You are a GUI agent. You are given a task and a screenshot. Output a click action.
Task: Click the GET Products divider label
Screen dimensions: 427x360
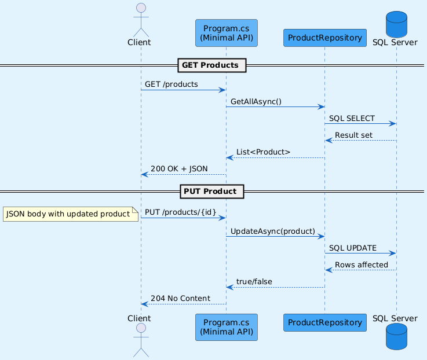click(212, 65)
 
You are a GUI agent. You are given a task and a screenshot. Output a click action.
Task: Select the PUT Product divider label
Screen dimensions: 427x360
click(212, 192)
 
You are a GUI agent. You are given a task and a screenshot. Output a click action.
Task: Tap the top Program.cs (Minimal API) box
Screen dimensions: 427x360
click(227, 33)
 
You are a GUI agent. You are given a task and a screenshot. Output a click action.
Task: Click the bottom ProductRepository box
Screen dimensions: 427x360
click(325, 322)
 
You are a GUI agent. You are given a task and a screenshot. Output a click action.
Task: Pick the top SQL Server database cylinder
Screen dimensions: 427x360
click(396, 24)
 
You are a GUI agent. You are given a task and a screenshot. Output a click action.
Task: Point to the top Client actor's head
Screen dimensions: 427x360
click(141, 8)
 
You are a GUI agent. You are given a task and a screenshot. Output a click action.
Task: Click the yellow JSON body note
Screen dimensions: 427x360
click(71, 214)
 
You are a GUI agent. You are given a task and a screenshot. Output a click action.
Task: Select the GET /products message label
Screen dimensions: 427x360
click(171, 85)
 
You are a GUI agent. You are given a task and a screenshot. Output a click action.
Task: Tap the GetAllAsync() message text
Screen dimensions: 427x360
click(256, 101)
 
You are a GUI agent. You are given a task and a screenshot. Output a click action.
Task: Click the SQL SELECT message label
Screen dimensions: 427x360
click(352, 119)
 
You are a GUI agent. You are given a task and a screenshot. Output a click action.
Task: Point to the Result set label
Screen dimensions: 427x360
click(353, 135)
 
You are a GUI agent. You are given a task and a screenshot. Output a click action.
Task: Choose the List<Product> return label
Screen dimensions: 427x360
click(263, 152)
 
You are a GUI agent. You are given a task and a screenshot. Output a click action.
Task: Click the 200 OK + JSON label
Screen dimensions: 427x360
click(179, 169)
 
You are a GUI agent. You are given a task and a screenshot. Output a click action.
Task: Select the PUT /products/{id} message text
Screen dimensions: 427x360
click(181, 212)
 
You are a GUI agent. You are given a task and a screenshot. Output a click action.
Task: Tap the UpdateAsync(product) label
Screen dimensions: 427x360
click(272, 232)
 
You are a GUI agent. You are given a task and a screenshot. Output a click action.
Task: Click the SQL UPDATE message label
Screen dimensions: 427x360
click(353, 248)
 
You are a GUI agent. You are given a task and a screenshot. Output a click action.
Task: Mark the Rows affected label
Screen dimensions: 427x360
click(362, 265)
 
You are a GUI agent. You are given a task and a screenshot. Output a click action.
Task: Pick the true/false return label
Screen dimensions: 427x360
click(254, 282)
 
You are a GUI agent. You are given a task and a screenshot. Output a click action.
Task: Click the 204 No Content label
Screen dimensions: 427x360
click(181, 299)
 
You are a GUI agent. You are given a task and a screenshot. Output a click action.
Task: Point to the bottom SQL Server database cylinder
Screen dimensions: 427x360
click(396, 337)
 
